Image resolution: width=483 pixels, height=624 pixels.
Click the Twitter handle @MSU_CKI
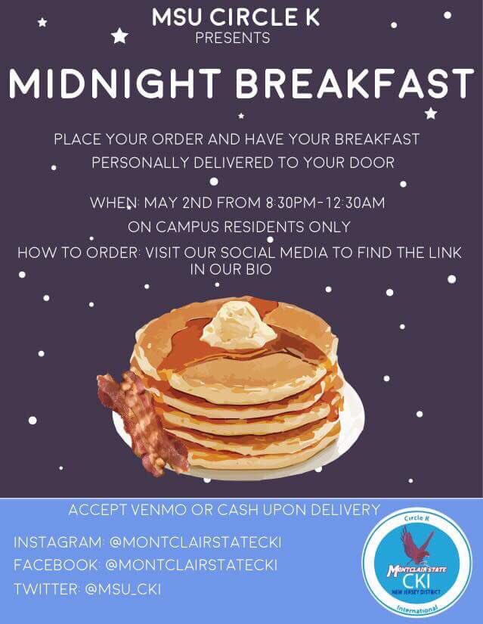click(x=124, y=588)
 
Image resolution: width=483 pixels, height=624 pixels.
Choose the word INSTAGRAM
click(x=57, y=542)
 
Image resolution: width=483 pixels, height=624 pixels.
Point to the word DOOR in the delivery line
click(x=370, y=163)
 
